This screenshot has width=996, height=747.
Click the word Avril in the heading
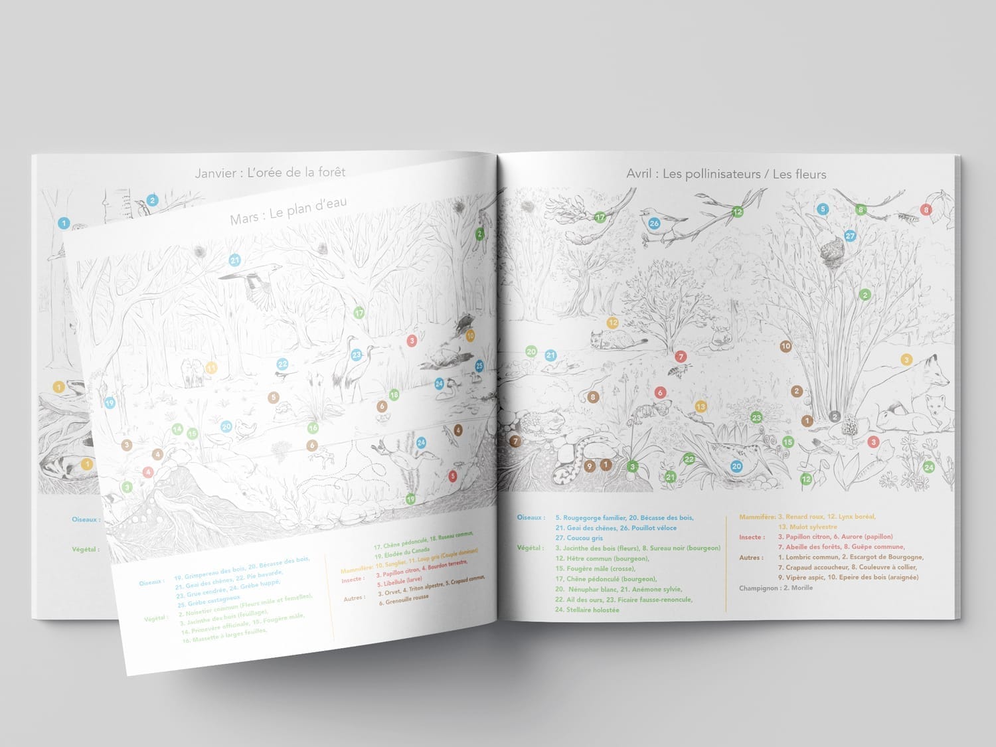pos(641,174)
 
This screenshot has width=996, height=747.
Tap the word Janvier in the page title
pos(216,173)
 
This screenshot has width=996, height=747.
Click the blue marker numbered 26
pos(654,223)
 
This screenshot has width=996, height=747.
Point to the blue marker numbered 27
pos(850,236)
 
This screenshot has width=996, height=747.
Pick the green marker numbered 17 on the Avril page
pos(600,217)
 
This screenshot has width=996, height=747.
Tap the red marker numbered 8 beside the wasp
pos(926,210)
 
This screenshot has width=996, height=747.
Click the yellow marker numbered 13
pos(701,406)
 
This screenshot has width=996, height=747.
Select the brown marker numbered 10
pos(786,346)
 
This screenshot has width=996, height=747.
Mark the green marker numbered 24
pos(928,467)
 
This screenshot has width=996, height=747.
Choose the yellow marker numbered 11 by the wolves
pos(211,367)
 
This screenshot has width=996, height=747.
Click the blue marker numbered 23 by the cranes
pos(357,355)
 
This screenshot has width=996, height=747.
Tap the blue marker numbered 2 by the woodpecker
pos(152,200)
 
